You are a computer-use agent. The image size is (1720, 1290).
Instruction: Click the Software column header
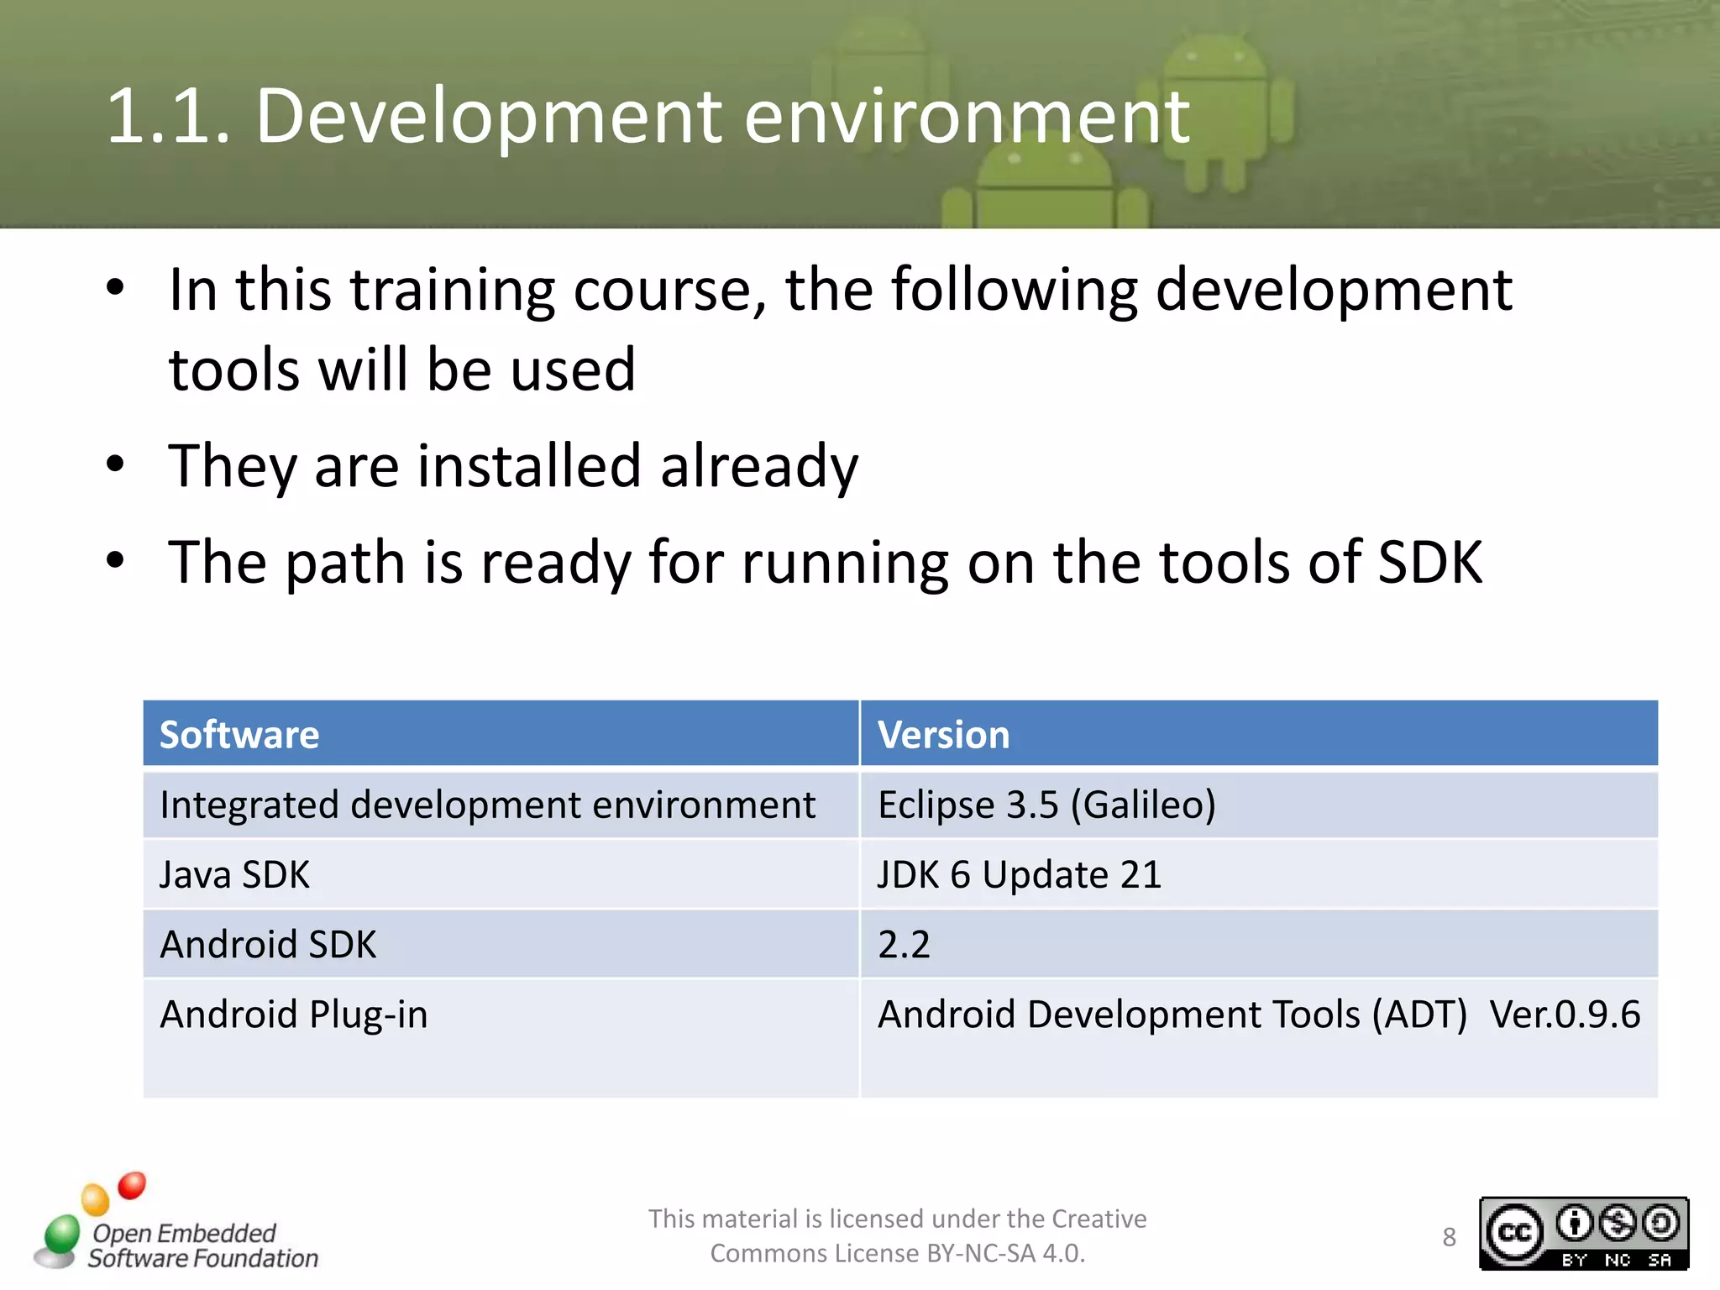[x=240, y=735]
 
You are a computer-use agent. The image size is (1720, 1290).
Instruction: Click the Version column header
[x=943, y=735]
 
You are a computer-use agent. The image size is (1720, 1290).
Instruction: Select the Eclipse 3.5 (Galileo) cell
[x=1046, y=805]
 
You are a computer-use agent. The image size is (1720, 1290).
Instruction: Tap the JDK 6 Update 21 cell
[x=1019, y=875]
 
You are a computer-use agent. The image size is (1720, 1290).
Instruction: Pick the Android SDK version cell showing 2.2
[x=904, y=945]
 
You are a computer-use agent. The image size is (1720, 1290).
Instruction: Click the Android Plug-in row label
[x=294, y=1015]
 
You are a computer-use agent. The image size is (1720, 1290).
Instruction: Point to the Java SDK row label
[x=234, y=875]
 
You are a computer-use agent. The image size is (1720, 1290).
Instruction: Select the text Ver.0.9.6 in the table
[x=1564, y=1015]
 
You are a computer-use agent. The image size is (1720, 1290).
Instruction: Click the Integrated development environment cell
[x=487, y=805]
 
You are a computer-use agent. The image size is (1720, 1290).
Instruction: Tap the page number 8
[x=1449, y=1237]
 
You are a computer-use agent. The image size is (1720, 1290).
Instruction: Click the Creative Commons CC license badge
[x=1583, y=1233]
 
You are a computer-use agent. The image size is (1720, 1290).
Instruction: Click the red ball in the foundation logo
[x=132, y=1185]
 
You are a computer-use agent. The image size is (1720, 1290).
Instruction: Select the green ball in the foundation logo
[x=61, y=1234]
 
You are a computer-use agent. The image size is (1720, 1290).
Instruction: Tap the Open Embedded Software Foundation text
[x=202, y=1245]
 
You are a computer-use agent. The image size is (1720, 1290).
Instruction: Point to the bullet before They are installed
[x=116, y=464]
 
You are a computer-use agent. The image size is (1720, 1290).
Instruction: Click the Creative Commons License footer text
[x=897, y=1235]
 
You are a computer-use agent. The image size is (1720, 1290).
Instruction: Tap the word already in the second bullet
[x=759, y=466]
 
